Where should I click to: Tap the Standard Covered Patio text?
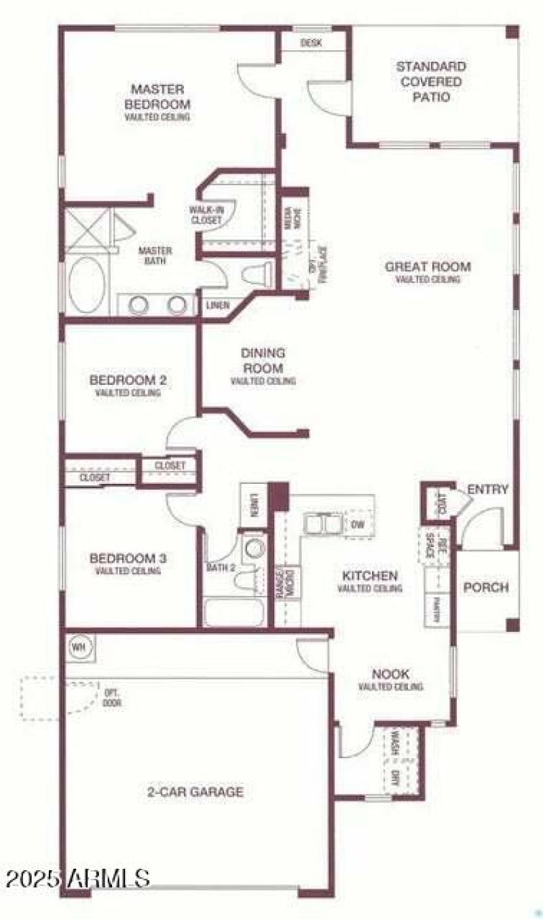coord(431,81)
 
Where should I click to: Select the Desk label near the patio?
coord(311,43)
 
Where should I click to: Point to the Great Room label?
coord(428,266)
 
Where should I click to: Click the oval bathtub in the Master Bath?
coord(87,285)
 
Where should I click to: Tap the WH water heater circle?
coord(77,646)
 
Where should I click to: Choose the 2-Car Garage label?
coord(195,791)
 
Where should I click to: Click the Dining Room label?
coord(263,360)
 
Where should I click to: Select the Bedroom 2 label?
coord(128,379)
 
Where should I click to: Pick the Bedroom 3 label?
coord(128,559)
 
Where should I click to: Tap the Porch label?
coord(486,587)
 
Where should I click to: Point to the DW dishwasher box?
coord(357,524)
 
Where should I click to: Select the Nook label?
coord(390,674)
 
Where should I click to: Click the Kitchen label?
coord(369,576)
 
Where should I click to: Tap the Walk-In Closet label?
coord(206,214)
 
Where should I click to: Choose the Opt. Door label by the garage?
coord(112,697)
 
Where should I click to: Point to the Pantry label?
coord(437,607)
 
